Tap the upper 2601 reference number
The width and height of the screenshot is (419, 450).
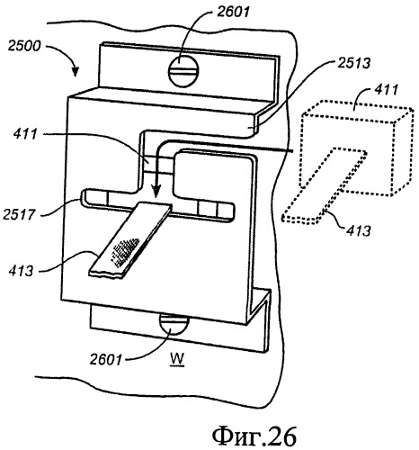click(x=233, y=12)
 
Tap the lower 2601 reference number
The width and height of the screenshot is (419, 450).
click(x=106, y=358)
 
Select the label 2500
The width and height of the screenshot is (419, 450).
click(x=24, y=47)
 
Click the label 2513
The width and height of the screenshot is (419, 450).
click(x=354, y=63)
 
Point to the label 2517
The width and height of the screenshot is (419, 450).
click(x=19, y=214)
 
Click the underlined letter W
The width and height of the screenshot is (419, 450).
click(x=177, y=359)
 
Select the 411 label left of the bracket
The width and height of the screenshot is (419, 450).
click(x=25, y=134)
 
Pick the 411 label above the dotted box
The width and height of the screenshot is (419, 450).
click(x=387, y=90)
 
